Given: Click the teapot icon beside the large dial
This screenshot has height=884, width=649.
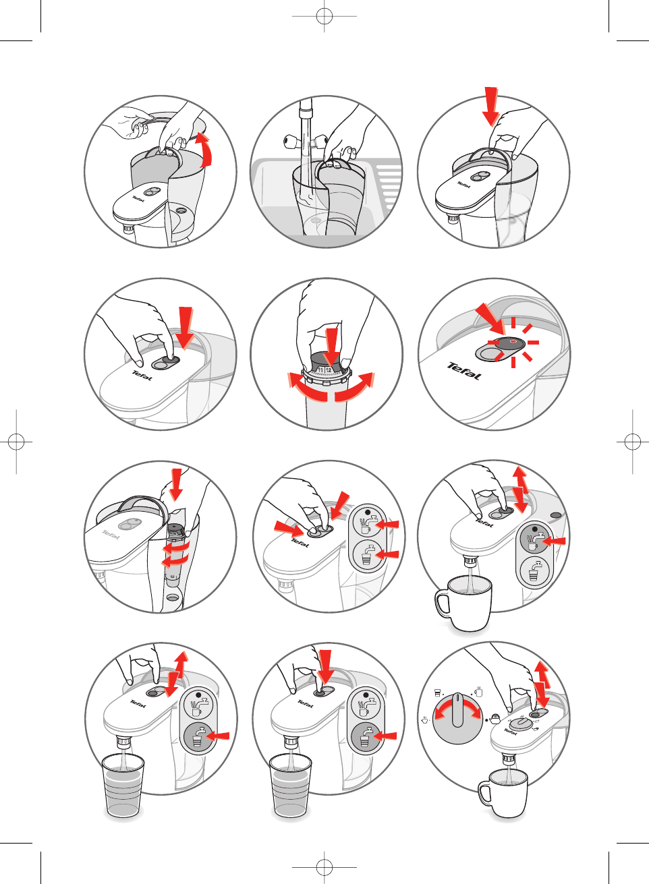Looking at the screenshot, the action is [x=496, y=719].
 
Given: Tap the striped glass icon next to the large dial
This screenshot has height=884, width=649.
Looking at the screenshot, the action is [x=437, y=693].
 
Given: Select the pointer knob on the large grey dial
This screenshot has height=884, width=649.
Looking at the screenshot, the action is [x=458, y=709].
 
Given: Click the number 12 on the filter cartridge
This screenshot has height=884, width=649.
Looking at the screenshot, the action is [x=329, y=370].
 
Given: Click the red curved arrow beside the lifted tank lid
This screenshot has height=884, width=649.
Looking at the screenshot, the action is [x=204, y=150].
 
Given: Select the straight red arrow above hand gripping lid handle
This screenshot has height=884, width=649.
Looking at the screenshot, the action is [x=492, y=106].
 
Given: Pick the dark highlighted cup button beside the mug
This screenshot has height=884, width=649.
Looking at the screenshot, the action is [x=534, y=541].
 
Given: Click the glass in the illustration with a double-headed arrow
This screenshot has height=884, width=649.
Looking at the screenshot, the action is [x=123, y=786].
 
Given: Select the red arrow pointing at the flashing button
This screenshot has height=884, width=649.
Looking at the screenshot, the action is [x=490, y=320].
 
